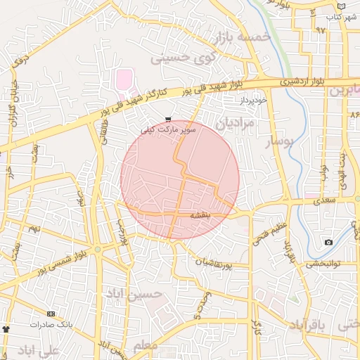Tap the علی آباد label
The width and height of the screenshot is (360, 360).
click(35, 350)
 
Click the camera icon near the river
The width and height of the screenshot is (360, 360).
click(328, 243)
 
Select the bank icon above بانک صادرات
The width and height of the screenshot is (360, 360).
click(50, 314)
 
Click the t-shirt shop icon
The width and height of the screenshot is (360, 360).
click(6, 328)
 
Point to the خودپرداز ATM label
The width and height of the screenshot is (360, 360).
click(254, 101)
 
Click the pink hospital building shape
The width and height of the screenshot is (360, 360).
click(124, 80)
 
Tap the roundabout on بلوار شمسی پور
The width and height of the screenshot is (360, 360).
click(98, 250)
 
